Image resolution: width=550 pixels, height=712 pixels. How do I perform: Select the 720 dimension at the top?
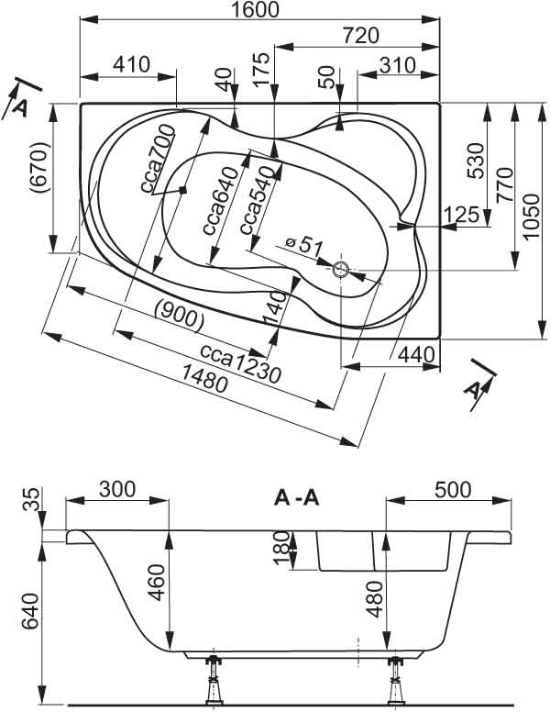pos(359,36)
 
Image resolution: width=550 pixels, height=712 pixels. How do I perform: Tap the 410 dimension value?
pos(132,65)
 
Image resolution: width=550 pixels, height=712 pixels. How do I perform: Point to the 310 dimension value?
pos(398,65)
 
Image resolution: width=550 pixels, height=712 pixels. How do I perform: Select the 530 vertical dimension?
pos(476,160)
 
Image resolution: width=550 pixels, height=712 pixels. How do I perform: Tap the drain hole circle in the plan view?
pos(341,270)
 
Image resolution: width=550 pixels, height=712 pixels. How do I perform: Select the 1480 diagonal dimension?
pos(197,382)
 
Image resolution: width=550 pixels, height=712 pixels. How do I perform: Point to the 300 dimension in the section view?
pos(117,488)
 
